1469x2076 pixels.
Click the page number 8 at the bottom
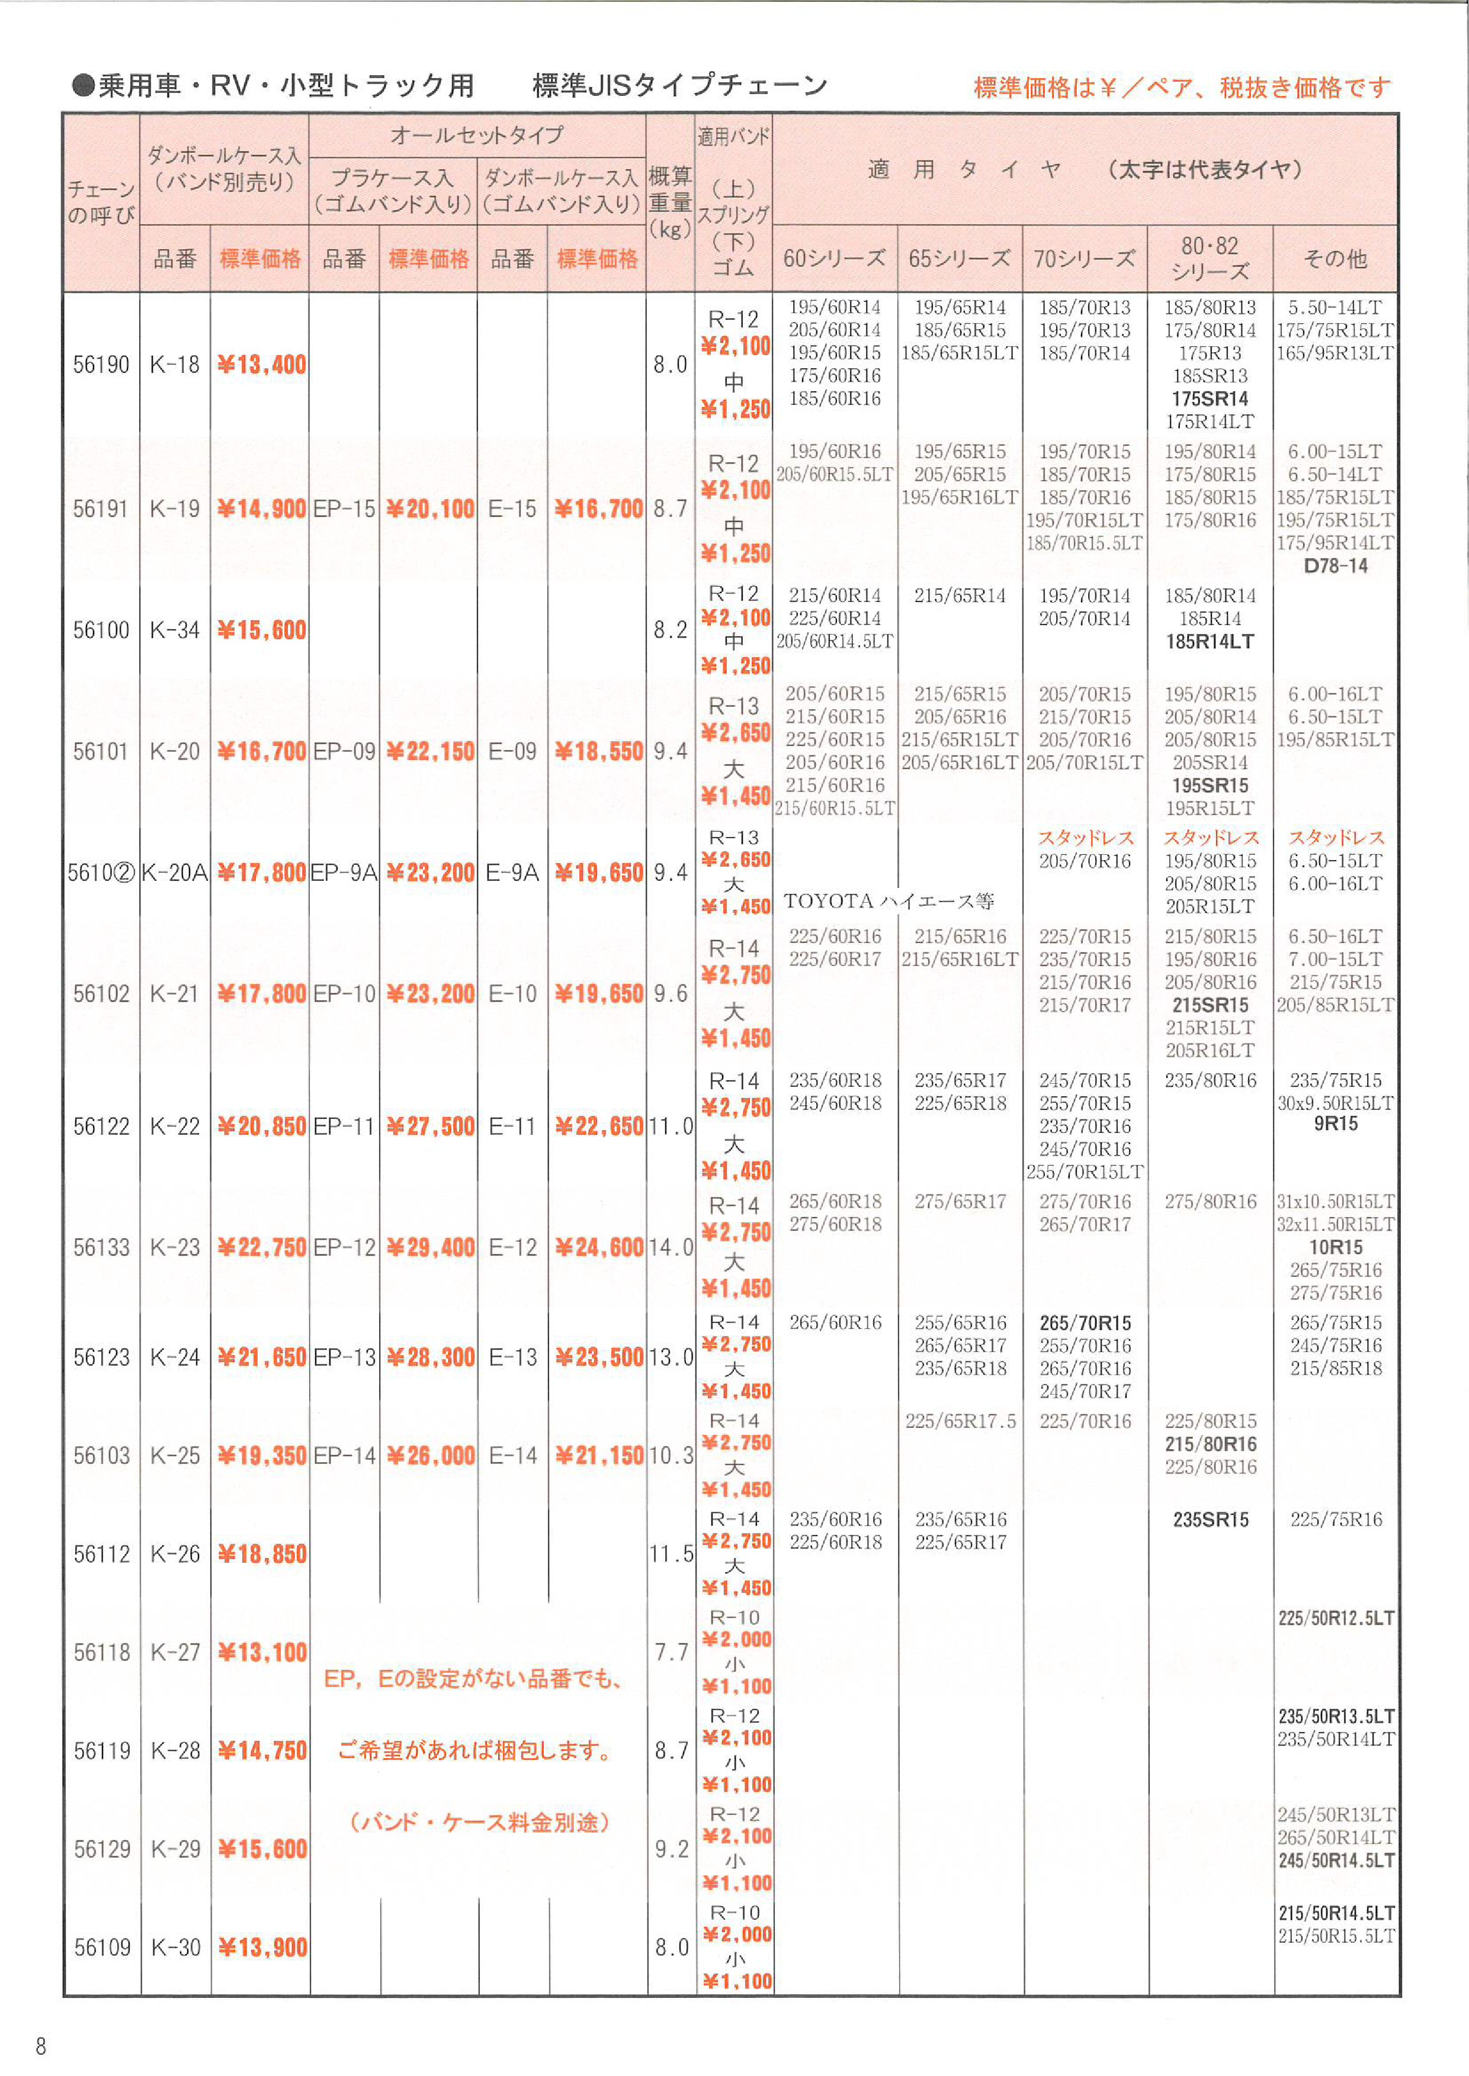pos(41,2045)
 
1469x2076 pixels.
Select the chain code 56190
pos(101,365)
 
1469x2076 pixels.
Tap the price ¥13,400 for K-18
pos(261,365)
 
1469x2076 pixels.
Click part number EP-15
pos(344,509)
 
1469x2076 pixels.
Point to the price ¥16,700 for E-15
pos(597,509)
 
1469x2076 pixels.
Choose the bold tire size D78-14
pos(1335,566)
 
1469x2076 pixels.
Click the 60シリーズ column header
pos(834,259)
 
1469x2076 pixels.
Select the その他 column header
pos(1335,259)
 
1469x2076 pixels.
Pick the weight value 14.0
pos(671,1248)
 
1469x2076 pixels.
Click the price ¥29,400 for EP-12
pos(429,1248)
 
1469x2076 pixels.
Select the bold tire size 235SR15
pos(1210,1520)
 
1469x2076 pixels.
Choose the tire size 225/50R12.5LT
pos(1335,1618)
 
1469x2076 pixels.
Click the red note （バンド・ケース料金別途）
pos(479,1822)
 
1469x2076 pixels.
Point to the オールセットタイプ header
pos(477,136)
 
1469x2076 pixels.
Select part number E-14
pos(513,1456)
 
